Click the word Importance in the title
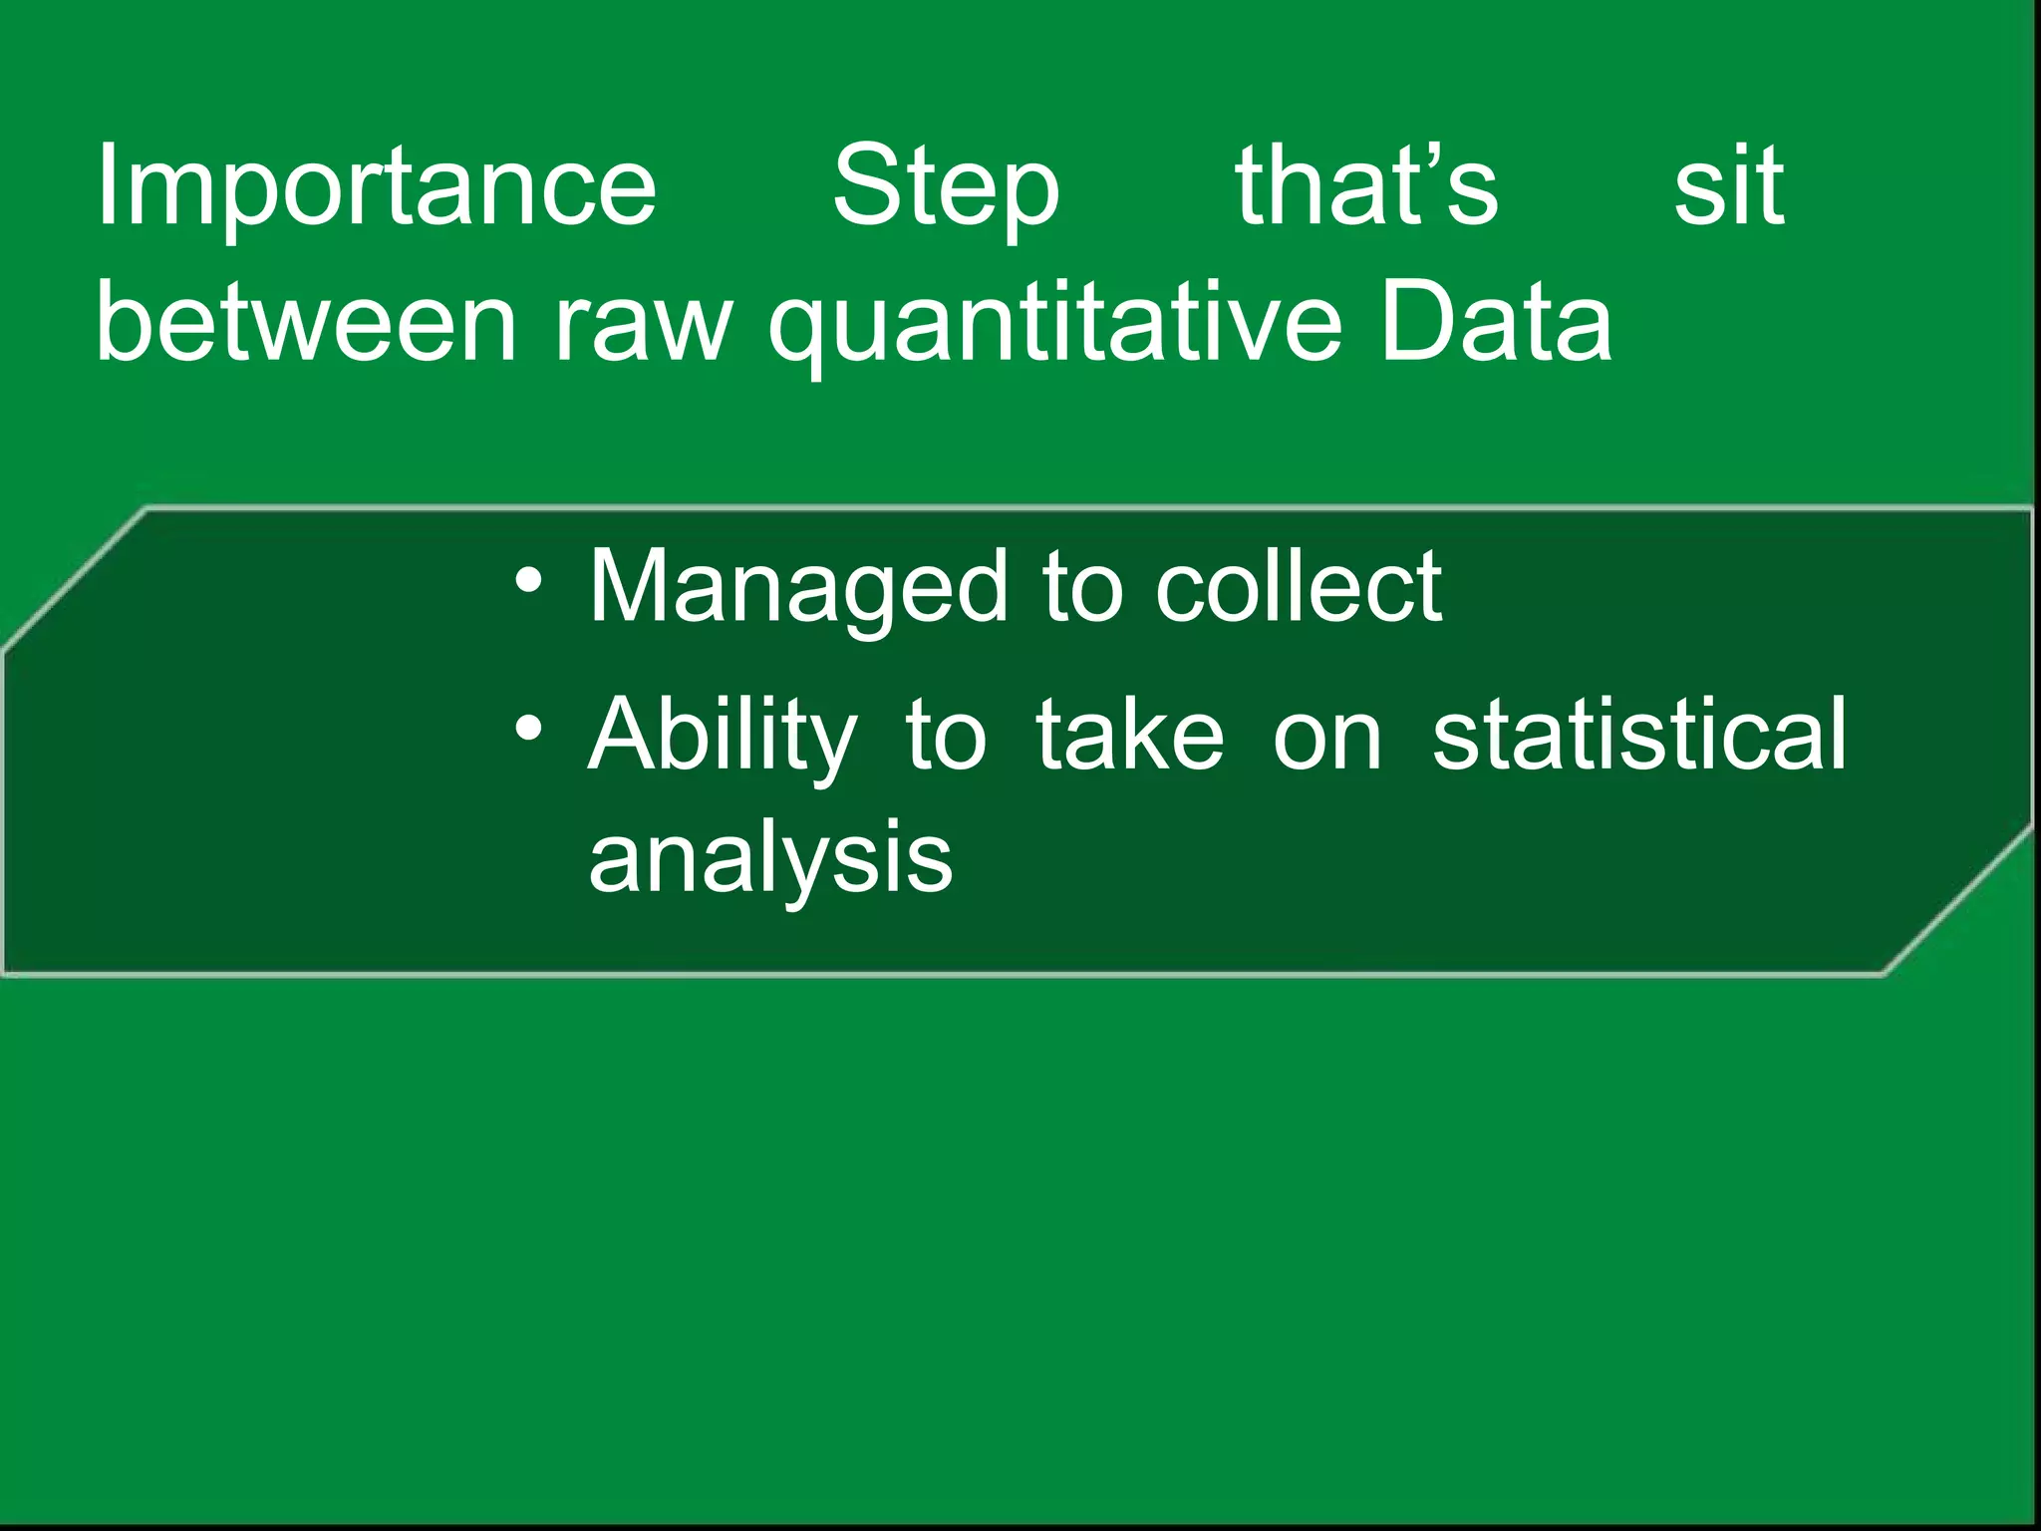click(376, 186)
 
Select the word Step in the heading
click(946, 186)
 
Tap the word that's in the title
click(1366, 186)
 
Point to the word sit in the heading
click(1728, 186)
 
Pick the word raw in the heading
click(643, 322)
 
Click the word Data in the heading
click(1496, 322)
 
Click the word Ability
click(722, 736)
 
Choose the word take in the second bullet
click(1129, 734)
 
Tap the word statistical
click(1639, 734)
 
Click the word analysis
click(770, 858)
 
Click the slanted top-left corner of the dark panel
click(75, 578)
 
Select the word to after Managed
click(1081, 588)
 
